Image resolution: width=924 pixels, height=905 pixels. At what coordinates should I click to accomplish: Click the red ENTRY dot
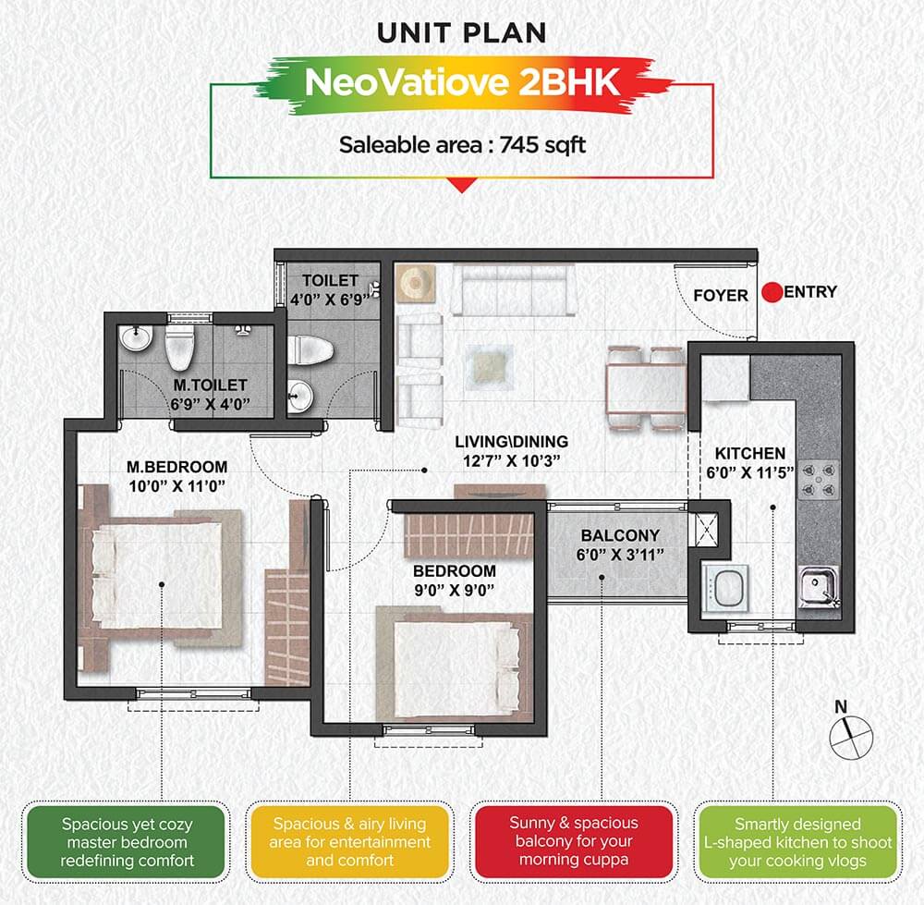pyautogui.click(x=772, y=292)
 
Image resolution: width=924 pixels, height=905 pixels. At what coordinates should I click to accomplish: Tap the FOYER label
pyautogui.click(x=720, y=296)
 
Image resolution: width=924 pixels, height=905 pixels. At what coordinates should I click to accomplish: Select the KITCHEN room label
pyautogui.click(x=749, y=453)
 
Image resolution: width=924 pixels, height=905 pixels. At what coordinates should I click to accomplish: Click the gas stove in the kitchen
pyautogui.click(x=819, y=480)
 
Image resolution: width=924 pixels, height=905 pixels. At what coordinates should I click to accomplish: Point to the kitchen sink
pyautogui.click(x=819, y=587)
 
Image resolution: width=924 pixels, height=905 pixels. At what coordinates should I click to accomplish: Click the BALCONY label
pyautogui.click(x=620, y=535)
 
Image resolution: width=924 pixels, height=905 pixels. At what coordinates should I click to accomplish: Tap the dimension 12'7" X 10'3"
pyautogui.click(x=511, y=461)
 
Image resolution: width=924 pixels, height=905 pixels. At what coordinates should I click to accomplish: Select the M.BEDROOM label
pyautogui.click(x=176, y=467)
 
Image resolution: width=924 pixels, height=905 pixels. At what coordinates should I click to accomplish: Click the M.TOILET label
pyautogui.click(x=210, y=385)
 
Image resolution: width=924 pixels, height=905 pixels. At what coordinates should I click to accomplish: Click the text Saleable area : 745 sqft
pyautogui.click(x=463, y=145)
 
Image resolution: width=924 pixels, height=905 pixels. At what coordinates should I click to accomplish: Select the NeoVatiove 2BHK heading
pyautogui.click(x=462, y=82)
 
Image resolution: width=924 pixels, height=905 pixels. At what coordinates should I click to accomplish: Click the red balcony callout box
pyautogui.click(x=574, y=841)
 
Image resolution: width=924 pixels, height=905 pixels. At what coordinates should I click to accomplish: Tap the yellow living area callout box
pyautogui.click(x=349, y=842)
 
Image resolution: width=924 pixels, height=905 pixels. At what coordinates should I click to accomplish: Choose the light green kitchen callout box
pyautogui.click(x=798, y=842)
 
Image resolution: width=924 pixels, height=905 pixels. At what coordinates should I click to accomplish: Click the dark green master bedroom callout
pyautogui.click(x=127, y=842)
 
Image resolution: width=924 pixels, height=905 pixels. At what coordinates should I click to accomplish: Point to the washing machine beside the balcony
pyautogui.click(x=725, y=589)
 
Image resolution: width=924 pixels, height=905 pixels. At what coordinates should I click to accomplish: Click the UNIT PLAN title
pyautogui.click(x=461, y=33)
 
